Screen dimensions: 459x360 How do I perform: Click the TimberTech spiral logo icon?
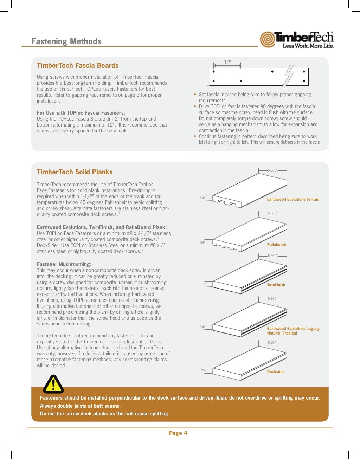tap(268, 39)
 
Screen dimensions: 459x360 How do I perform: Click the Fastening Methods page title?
tap(66, 41)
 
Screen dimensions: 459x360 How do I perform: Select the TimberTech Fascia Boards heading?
tap(78, 65)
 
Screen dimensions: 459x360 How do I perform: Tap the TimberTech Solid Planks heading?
tap(75, 172)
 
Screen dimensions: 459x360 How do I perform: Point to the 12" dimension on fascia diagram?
tap(227, 63)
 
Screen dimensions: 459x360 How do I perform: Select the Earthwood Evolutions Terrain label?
tap(293, 199)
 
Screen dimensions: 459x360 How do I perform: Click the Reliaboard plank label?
tap(277, 245)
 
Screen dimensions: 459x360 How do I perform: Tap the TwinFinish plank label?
tap(276, 285)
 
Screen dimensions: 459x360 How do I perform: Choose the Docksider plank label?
tap(276, 371)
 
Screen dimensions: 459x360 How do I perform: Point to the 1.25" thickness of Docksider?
tap(201, 370)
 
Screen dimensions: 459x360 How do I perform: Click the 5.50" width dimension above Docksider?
tap(271, 342)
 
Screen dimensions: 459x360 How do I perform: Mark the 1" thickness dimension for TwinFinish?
tap(204, 284)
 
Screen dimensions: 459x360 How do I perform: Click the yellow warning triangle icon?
tap(53, 384)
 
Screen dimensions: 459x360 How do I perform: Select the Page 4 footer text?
tap(178, 433)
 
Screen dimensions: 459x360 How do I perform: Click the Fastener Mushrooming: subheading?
tap(64, 264)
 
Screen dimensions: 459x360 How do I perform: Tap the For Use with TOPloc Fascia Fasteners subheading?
tap(81, 113)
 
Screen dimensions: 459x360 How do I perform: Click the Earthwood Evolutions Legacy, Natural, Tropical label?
tap(293, 331)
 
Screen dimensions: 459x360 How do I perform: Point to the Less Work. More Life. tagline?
tap(308, 46)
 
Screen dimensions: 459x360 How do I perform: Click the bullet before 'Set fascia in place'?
tap(195, 95)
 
